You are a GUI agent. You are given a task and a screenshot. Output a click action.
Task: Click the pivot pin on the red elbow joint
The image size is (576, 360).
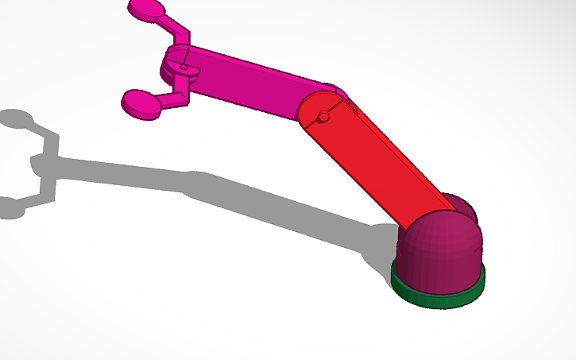[x=323, y=118]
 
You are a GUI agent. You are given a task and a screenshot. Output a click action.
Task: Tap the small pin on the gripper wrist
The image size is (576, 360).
[x=184, y=69]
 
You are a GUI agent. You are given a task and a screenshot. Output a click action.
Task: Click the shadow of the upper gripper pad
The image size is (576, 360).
[x=16, y=119]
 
